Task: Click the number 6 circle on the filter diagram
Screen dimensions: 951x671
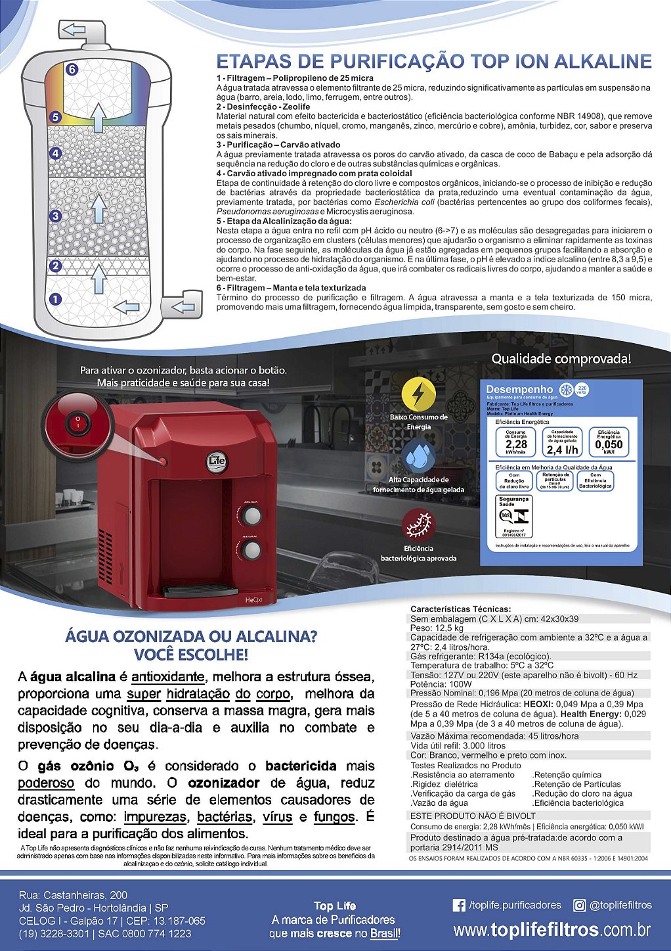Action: (72, 69)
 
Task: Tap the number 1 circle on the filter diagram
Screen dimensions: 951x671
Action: (56, 299)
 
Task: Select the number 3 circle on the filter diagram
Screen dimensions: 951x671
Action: (56, 216)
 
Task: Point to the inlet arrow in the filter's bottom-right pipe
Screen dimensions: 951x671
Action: (182, 307)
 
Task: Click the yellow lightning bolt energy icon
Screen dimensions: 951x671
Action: (418, 394)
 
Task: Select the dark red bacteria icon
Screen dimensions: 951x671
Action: (419, 526)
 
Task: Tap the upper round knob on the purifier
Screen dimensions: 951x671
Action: (251, 517)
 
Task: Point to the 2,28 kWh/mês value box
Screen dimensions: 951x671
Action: (516, 443)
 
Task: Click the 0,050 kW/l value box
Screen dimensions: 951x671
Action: (609, 442)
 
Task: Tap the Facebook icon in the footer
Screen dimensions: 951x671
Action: (460, 906)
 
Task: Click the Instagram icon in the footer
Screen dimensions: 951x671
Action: (580, 906)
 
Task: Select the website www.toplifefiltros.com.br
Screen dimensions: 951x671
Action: (552, 929)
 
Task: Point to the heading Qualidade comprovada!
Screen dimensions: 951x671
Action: (561, 359)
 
